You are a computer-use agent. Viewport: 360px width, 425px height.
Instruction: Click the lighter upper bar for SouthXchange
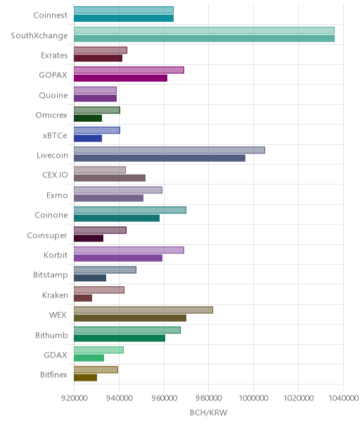tap(204, 30)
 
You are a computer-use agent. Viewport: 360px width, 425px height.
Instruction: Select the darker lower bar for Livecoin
tap(160, 158)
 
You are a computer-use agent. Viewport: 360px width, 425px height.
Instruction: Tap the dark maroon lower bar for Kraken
tap(83, 298)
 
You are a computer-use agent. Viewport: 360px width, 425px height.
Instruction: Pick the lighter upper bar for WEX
tap(143, 310)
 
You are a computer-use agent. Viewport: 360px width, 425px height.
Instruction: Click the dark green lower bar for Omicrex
tap(88, 118)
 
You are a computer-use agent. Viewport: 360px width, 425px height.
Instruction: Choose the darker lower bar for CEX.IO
tap(110, 178)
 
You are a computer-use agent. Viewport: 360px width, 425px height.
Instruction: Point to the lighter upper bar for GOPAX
tap(129, 70)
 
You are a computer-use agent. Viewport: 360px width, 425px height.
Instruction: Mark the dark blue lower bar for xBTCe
tap(88, 138)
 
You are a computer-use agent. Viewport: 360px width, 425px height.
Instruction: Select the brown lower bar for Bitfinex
tap(85, 378)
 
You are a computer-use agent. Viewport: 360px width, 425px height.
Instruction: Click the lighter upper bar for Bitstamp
tap(105, 270)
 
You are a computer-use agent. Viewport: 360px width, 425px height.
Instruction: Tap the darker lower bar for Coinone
tap(117, 218)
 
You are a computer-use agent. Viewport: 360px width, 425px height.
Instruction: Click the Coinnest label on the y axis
tap(51, 15)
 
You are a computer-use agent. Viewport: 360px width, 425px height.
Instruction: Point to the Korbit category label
tap(56, 255)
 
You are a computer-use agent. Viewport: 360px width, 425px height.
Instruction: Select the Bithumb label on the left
tap(51, 335)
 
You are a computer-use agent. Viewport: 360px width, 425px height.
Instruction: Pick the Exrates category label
tap(54, 56)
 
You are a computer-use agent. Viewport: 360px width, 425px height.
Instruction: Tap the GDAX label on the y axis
tap(56, 355)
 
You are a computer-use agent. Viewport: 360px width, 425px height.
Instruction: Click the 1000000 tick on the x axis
tap(254, 398)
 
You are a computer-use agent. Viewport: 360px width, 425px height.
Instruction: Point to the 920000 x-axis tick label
tap(75, 398)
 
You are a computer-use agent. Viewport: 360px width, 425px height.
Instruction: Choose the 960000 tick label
tap(164, 398)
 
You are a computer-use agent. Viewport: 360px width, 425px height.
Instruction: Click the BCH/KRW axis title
tap(208, 413)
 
